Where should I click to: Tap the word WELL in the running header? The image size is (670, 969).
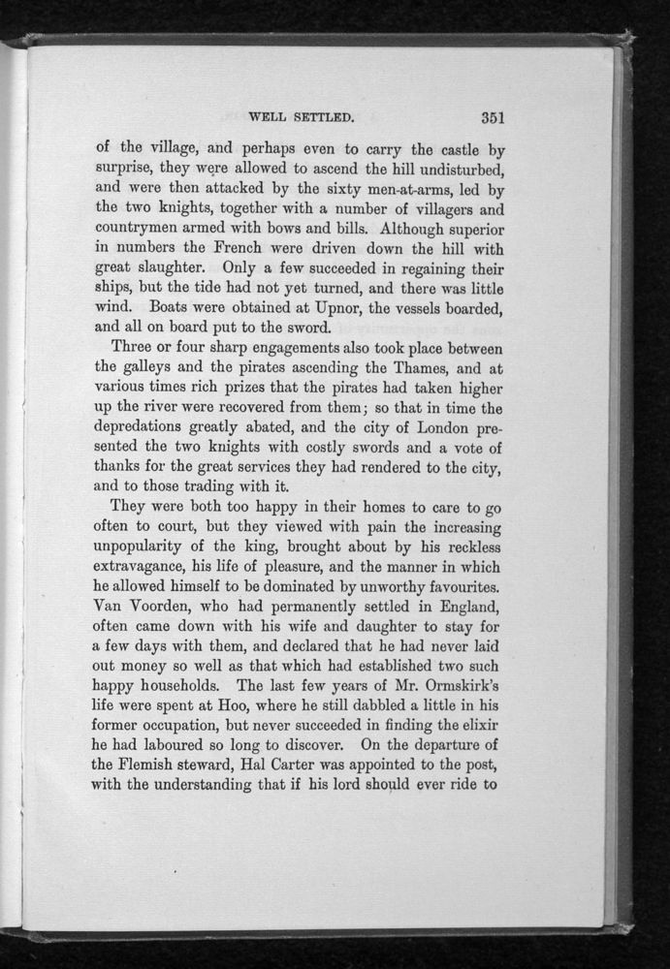[x=267, y=120]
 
